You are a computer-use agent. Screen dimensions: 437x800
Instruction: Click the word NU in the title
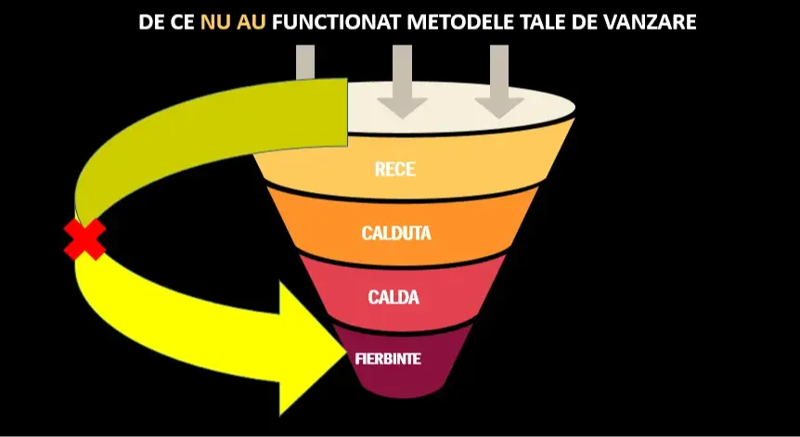[x=217, y=21]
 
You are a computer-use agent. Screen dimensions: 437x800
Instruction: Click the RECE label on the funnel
[x=395, y=170]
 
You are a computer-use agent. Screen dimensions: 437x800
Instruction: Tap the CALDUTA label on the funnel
[x=396, y=234]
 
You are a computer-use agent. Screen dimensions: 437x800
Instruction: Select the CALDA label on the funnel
[x=394, y=298]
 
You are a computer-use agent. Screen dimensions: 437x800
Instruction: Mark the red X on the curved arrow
[x=84, y=239]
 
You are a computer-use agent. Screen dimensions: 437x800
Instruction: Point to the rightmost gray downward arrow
[x=499, y=84]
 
